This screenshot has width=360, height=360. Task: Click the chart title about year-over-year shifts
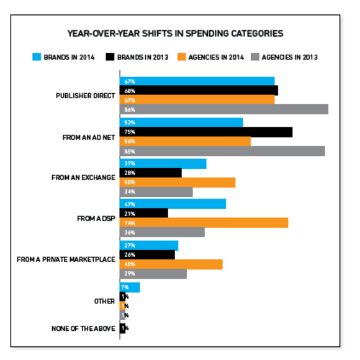pyautogui.click(x=176, y=33)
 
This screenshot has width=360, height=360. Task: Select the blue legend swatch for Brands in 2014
pyautogui.click(x=37, y=57)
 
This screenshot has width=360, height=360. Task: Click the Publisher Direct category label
pyautogui.click(x=85, y=96)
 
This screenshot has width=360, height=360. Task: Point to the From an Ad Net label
pyautogui.click(x=89, y=137)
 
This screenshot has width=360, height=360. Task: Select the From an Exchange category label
pyautogui.click(x=83, y=178)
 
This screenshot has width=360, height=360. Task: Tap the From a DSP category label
pyautogui.click(x=96, y=218)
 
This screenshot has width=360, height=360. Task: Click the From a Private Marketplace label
pyautogui.click(x=66, y=259)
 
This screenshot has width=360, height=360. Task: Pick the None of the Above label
pyautogui.click(x=83, y=328)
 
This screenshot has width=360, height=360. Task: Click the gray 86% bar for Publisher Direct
pyautogui.click(x=223, y=109)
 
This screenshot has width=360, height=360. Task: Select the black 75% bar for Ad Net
pyautogui.click(x=205, y=132)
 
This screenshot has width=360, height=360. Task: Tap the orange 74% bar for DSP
pyautogui.click(x=204, y=223)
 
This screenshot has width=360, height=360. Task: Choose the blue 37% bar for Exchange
pyautogui.click(x=163, y=163)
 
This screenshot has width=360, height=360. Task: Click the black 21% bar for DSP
pyautogui.click(x=143, y=213)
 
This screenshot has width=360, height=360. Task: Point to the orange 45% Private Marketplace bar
pyautogui.click(x=171, y=264)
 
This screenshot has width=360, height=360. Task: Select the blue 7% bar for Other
pyautogui.click(x=130, y=287)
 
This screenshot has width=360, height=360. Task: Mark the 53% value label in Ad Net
pyautogui.click(x=130, y=122)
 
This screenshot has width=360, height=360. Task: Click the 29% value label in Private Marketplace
pyautogui.click(x=130, y=274)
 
